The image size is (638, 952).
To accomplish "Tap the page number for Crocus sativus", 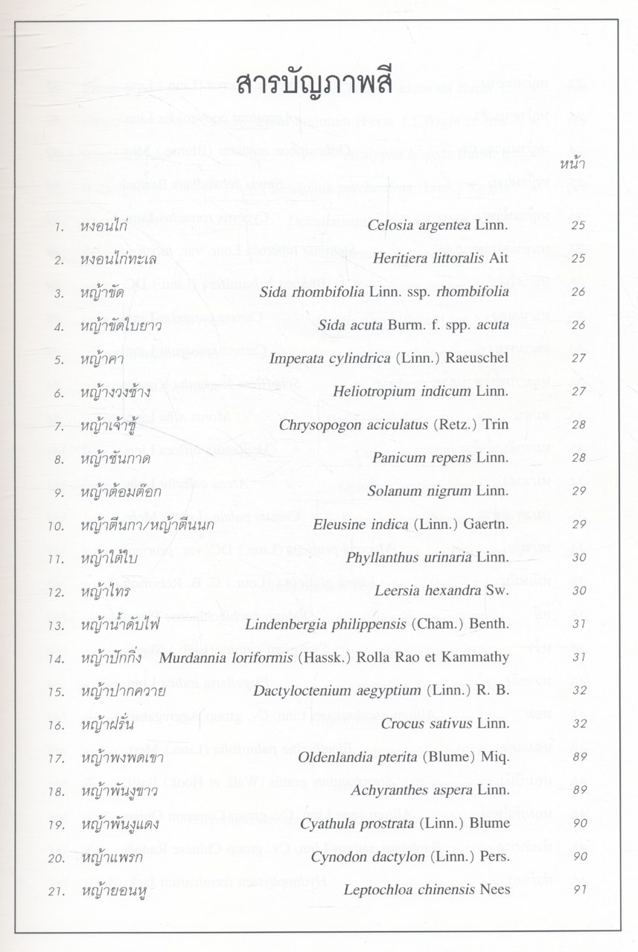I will [572, 723].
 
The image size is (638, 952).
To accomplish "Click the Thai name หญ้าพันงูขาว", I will [119, 790].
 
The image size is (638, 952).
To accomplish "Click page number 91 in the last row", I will [572, 889].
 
